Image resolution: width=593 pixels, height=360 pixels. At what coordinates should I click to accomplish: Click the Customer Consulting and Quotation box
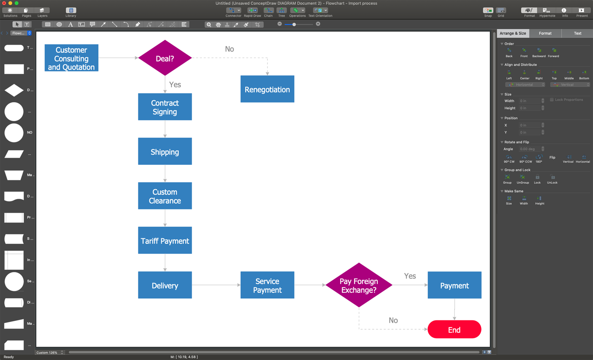[71, 58]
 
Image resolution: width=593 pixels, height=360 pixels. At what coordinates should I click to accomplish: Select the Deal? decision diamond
[165, 58]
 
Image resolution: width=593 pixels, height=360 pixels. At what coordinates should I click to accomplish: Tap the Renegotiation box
[267, 89]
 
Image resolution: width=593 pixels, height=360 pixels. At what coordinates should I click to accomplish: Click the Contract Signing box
[165, 107]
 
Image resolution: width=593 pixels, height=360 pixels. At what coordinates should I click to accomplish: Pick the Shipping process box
[165, 152]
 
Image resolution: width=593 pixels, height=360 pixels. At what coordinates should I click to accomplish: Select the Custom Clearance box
[165, 196]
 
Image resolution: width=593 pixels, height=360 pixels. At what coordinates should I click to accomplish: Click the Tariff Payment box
[165, 241]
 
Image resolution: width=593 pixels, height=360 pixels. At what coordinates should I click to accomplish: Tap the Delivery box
[165, 285]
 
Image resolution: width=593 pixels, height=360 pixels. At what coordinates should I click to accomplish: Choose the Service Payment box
[267, 285]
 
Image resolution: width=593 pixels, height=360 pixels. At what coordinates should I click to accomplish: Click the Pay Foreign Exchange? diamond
[359, 285]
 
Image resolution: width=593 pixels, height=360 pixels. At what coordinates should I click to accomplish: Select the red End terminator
[454, 330]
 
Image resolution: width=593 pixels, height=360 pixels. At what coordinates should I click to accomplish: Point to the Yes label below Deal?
[175, 85]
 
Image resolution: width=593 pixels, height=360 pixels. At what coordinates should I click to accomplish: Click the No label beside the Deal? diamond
[229, 49]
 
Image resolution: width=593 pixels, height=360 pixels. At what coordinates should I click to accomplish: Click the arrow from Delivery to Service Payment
[216, 285]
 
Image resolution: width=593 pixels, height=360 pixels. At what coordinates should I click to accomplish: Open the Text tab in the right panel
[577, 33]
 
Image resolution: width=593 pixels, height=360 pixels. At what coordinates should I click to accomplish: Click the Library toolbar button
[71, 12]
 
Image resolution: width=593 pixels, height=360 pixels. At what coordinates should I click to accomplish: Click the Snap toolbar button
[488, 12]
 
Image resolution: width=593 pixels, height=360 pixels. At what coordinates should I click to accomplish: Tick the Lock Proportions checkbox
[552, 100]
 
